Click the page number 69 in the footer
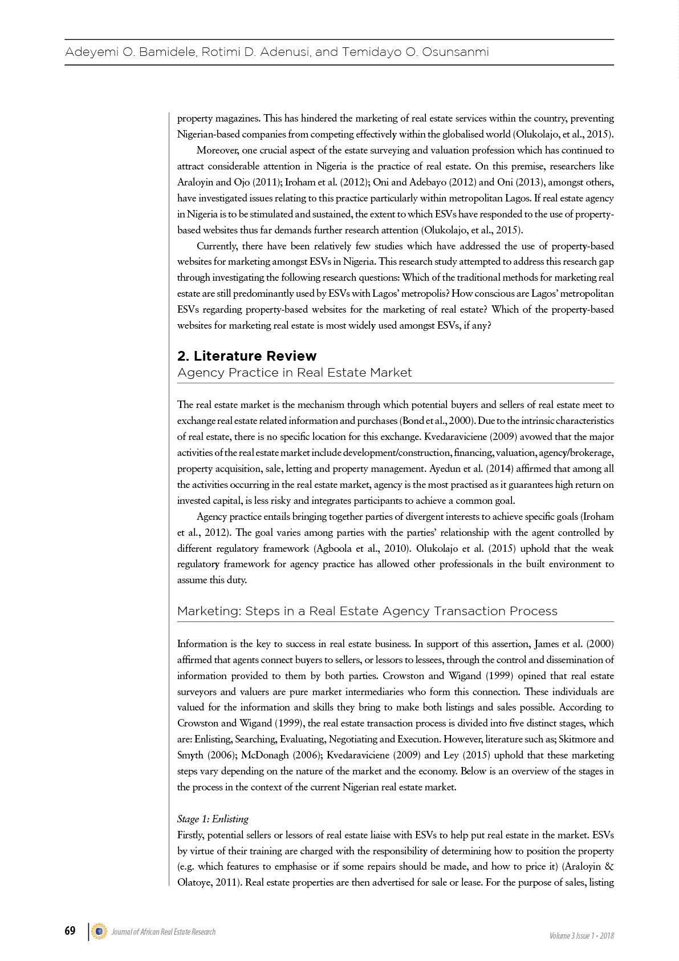70,931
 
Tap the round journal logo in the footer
99,931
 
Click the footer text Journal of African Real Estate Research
164,932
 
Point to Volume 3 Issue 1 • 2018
582,936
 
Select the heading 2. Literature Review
246,356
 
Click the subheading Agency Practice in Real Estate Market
294,373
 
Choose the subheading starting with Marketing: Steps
367,611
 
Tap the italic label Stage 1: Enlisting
213,819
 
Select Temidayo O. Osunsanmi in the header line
415,53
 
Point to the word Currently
217,247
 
